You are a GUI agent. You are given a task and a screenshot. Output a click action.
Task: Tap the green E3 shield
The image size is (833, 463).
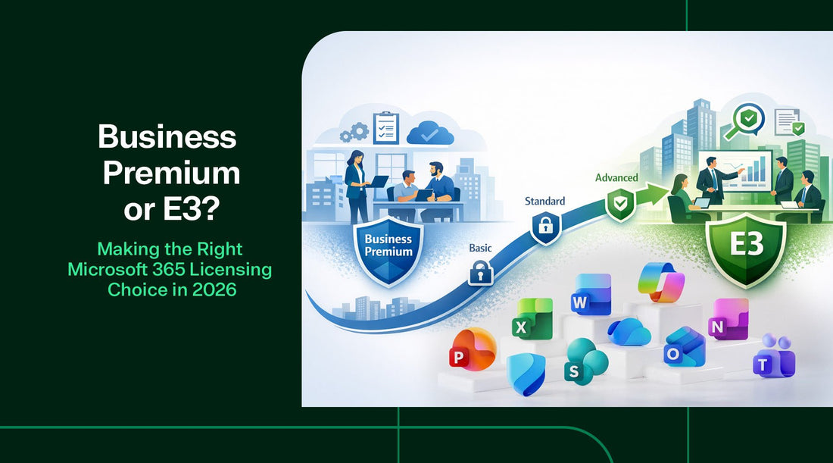pos(744,247)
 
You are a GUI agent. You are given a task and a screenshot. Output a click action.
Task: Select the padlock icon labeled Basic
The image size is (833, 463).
pos(480,272)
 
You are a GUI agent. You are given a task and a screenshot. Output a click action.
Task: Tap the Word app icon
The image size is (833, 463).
pos(591,295)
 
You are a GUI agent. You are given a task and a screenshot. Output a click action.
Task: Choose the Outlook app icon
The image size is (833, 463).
pos(685,348)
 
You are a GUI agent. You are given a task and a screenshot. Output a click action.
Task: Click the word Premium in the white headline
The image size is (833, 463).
pos(171,174)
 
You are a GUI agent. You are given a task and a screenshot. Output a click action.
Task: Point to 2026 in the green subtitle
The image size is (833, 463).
pos(215,290)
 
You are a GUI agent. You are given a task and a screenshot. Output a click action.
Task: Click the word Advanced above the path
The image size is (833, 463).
pos(616,178)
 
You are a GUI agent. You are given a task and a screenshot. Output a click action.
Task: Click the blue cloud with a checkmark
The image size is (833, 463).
pos(429,133)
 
